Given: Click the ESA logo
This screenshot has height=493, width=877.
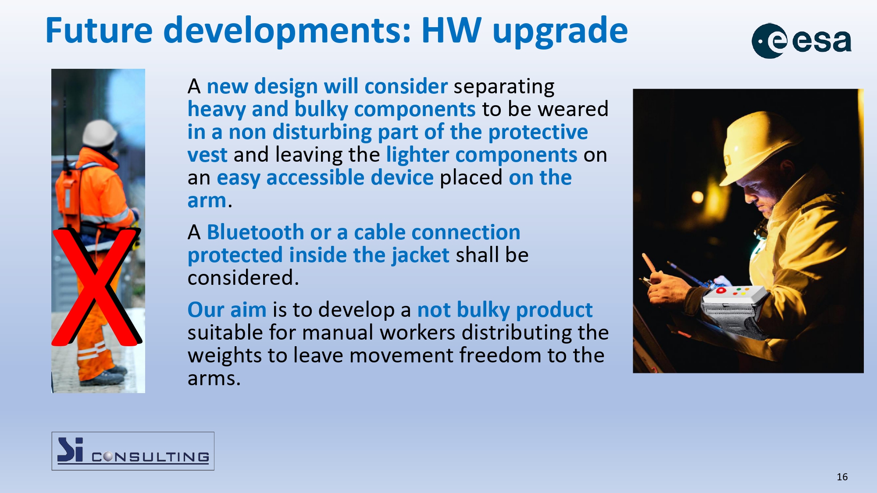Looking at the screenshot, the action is (802, 41).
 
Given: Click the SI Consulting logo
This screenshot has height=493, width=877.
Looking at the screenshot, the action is (133, 451).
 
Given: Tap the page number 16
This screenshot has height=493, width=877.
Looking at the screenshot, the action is (842, 477).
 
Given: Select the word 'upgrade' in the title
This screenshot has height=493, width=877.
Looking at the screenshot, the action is (560, 32).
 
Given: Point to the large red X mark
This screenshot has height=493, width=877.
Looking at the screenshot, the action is (96, 287).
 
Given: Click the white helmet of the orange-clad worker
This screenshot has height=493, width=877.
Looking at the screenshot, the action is (100, 132).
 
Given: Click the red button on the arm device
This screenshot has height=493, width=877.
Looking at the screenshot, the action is (721, 291).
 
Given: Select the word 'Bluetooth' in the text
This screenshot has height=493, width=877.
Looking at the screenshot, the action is (255, 232).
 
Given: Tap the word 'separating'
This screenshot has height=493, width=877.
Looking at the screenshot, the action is (504, 87).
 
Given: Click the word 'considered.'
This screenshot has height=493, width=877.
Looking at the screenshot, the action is (243, 278).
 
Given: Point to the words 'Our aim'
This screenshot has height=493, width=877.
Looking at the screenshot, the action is (227, 310).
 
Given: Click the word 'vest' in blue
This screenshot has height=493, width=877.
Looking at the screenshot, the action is (207, 155).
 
